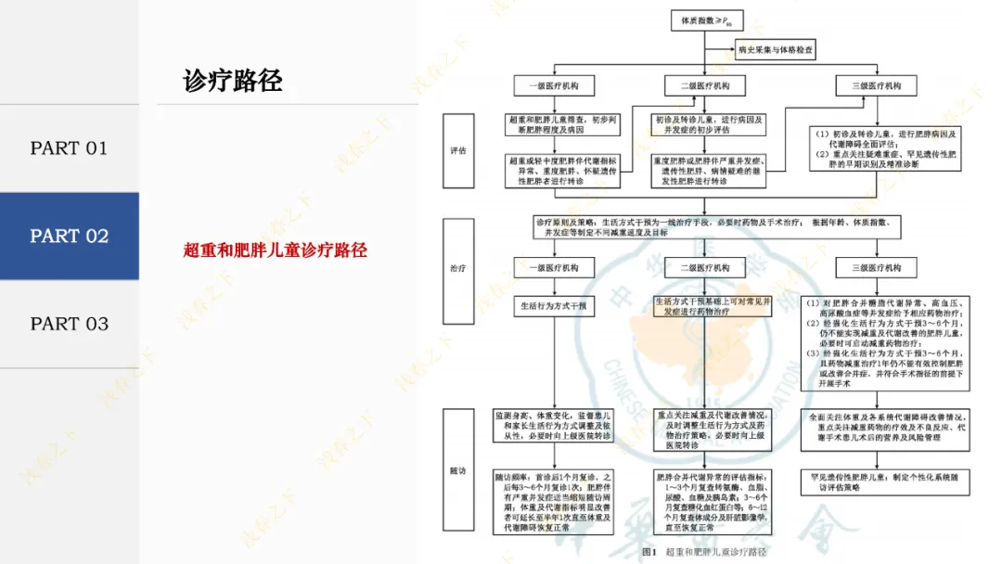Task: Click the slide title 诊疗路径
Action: [x=232, y=81]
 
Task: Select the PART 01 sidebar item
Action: [x=70, y=148]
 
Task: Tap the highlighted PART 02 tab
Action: [x=70, y=237]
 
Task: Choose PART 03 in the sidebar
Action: [x=70, y=324]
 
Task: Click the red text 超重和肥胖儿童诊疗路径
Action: [x=276, y=250]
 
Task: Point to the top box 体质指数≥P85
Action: [x=706, y=19]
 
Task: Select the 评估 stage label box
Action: [x=457, y=149]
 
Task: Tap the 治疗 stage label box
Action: [x=457, y=268]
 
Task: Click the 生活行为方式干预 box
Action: [x=555, y=305]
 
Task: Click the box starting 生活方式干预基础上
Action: [x=705, y=307]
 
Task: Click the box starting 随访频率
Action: [x=555, y=501]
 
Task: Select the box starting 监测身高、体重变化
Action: [x=555, y=427]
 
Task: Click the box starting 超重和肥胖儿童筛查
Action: [x=555, y=125]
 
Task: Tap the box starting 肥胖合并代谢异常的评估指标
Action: [x=705, y=501]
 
